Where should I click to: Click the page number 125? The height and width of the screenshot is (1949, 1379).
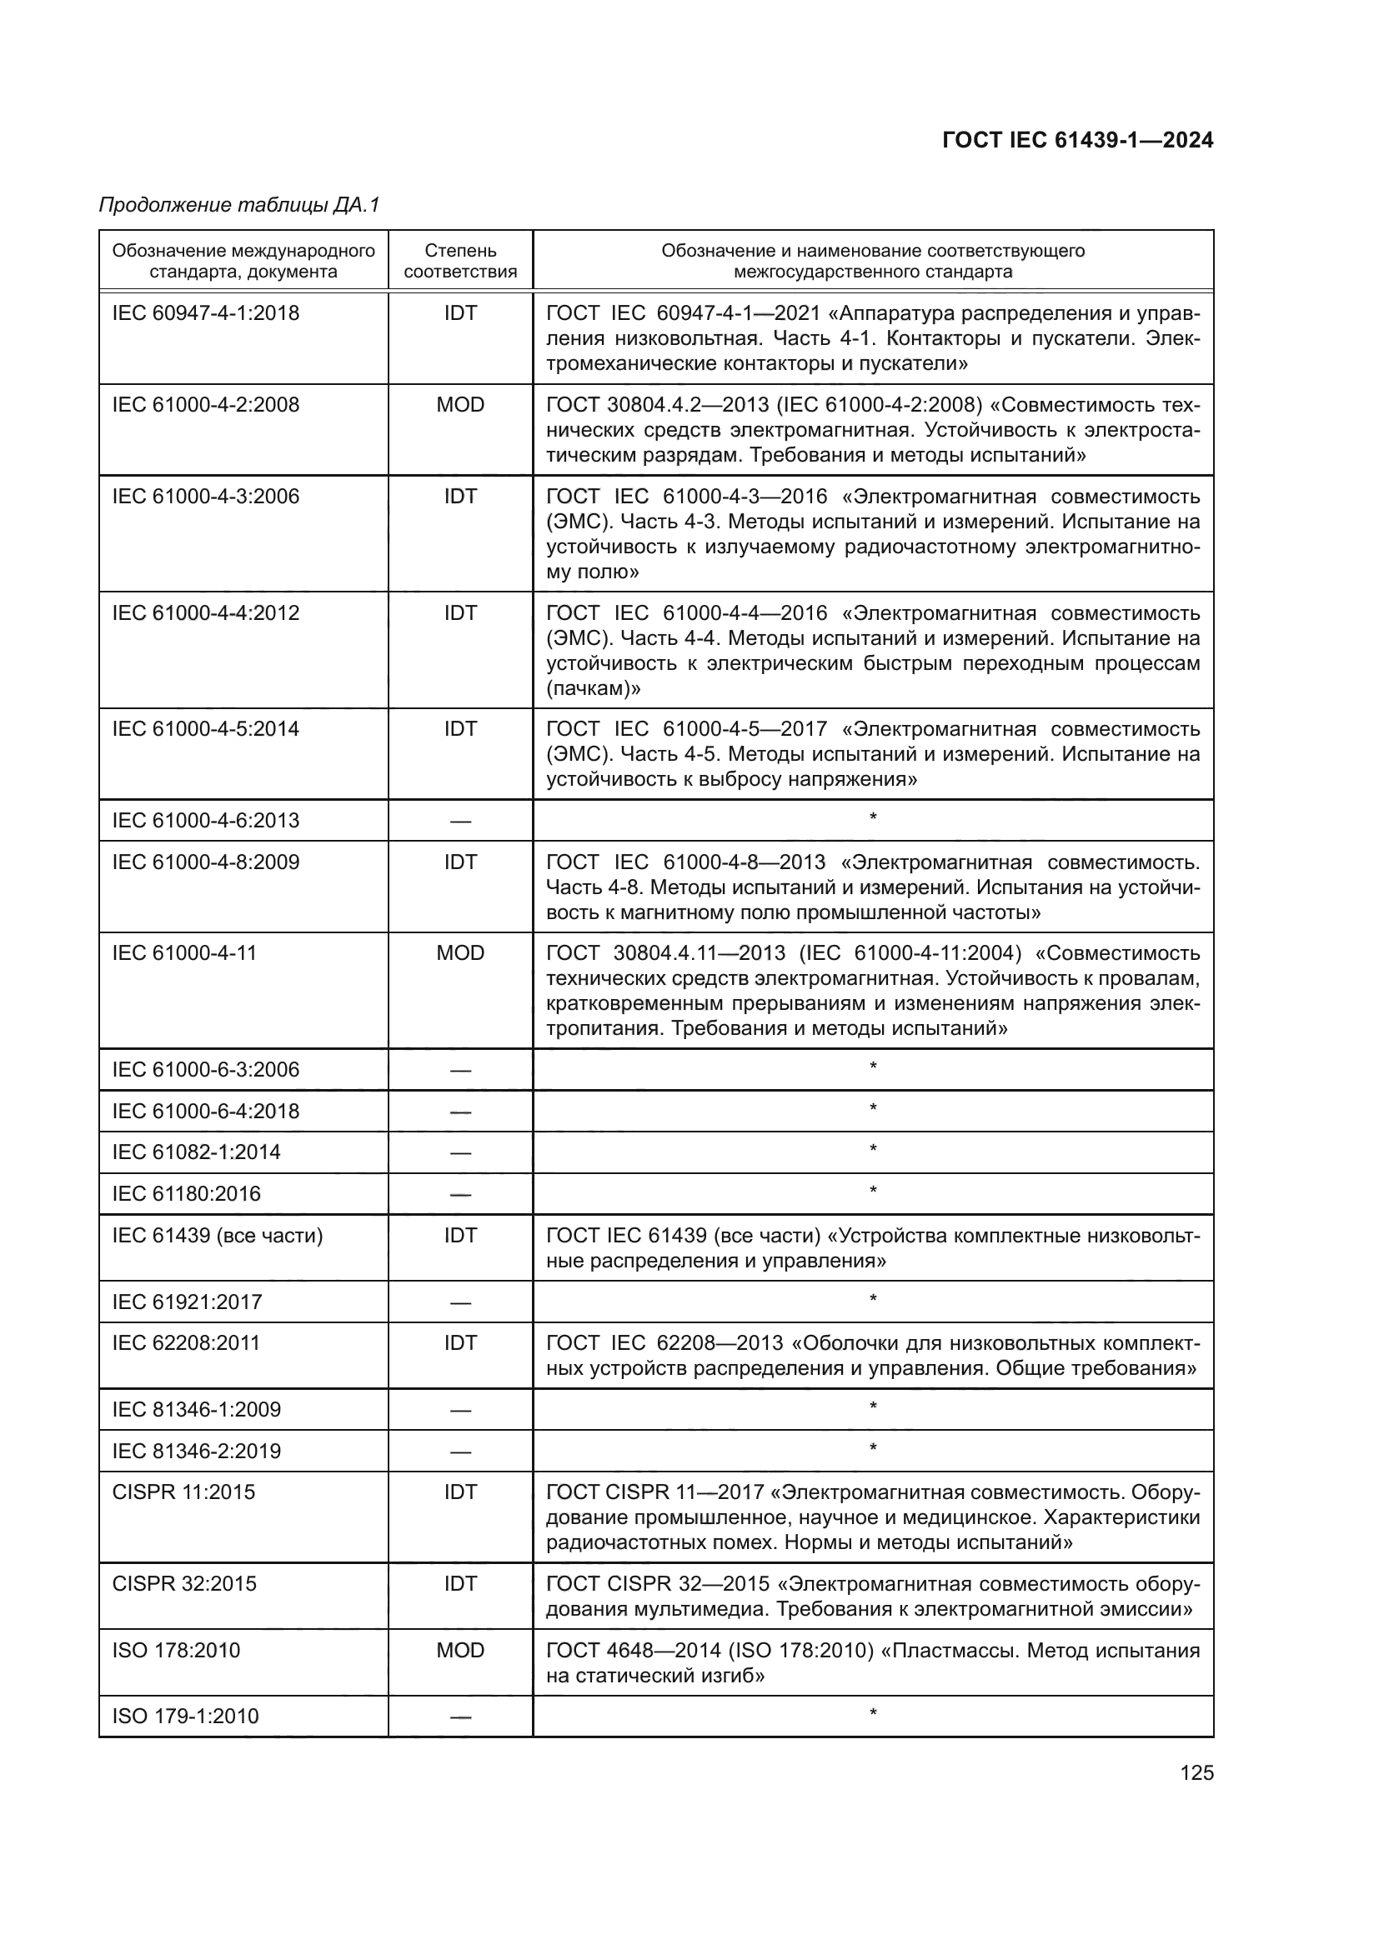point(1196,1773)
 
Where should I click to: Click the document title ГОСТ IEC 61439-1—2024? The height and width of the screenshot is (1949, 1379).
point(1077,141)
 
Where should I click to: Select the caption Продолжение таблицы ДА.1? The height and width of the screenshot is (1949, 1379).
point(239,205)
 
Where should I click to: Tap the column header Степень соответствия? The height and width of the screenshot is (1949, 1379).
point(460,261)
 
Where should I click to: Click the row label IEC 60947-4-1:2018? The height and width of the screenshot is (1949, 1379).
point(205,313)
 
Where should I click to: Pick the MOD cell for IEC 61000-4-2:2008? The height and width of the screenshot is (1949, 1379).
point(460,405)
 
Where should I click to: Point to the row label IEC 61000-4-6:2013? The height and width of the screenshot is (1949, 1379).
point(205,821)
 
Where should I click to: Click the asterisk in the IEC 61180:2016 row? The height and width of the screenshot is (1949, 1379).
point(873,1192)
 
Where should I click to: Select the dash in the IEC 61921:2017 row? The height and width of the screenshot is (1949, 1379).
point(460,1303)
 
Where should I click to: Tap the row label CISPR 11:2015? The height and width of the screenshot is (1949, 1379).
point(183,1492)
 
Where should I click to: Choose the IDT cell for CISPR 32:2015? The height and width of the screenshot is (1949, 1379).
point(460,1584)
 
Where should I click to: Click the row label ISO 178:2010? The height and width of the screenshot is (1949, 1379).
point(176,1650)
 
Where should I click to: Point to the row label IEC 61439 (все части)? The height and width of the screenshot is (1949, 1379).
point(218,1235)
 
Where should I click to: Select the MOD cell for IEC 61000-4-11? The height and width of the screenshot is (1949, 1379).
point(460,953)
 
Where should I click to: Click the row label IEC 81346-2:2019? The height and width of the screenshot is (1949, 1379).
point(196,1452)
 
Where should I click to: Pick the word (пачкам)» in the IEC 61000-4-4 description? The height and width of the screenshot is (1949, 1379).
point(594,688)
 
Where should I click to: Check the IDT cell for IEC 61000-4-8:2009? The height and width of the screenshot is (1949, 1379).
point(460,862)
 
